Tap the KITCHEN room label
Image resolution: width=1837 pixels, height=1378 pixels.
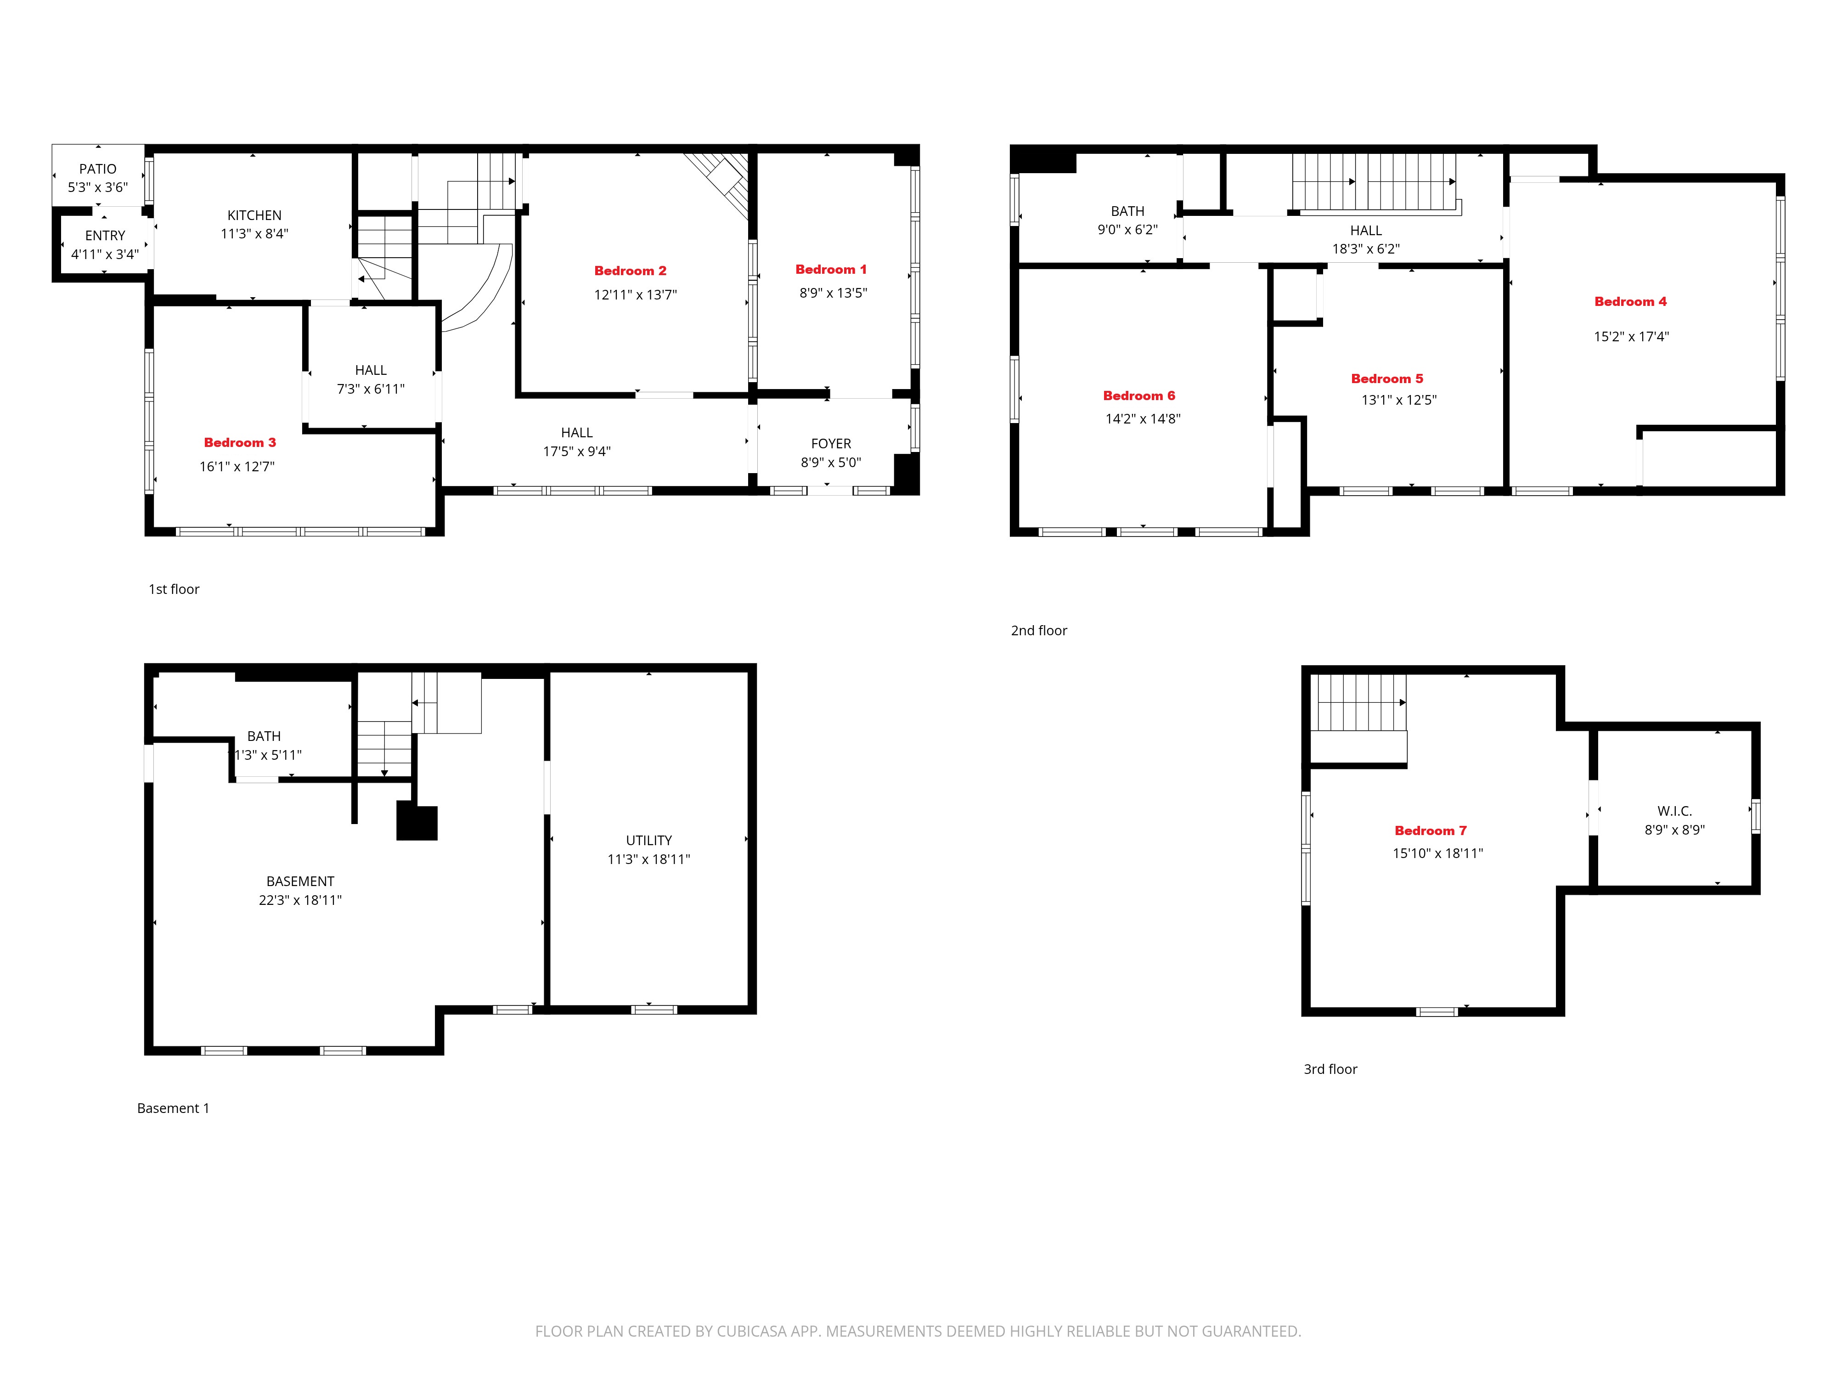point(254,215)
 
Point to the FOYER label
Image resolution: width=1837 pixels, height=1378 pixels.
point(830,444)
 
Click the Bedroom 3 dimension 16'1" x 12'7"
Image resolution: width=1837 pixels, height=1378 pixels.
point(237,467)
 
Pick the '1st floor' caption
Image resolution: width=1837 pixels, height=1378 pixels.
point(174,589)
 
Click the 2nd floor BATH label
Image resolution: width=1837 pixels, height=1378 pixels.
point(1127,211)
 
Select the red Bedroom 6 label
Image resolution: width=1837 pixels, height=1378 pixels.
point(1138,395)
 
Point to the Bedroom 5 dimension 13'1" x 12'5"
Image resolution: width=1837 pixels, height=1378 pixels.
point(1398,400)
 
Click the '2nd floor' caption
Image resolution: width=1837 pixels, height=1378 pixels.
point(1038,631)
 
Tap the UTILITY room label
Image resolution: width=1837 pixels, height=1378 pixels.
point(648,841)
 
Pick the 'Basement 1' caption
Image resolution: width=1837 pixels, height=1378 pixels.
point(173,1108)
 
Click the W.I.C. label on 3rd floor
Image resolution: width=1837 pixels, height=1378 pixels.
point(1674,811)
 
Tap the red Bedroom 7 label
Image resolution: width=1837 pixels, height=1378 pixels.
point(1430,830)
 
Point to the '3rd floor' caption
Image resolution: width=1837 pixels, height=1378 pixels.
point(1330,1069)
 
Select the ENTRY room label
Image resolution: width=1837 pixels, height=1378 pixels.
point(105,236)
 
